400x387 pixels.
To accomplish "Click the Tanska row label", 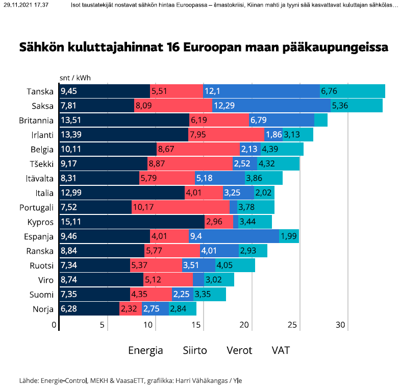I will point(40,92).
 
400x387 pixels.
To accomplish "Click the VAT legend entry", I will point(281,350).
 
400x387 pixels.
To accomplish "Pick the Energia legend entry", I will point(145,350).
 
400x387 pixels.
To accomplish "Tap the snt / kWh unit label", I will point(76,78).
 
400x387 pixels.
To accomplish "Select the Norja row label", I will point(42,309).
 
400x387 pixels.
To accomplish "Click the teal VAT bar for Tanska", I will point(352,92).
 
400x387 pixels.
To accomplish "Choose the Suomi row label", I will point(41,294).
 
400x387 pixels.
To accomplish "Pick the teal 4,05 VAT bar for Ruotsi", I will point(235,265).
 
